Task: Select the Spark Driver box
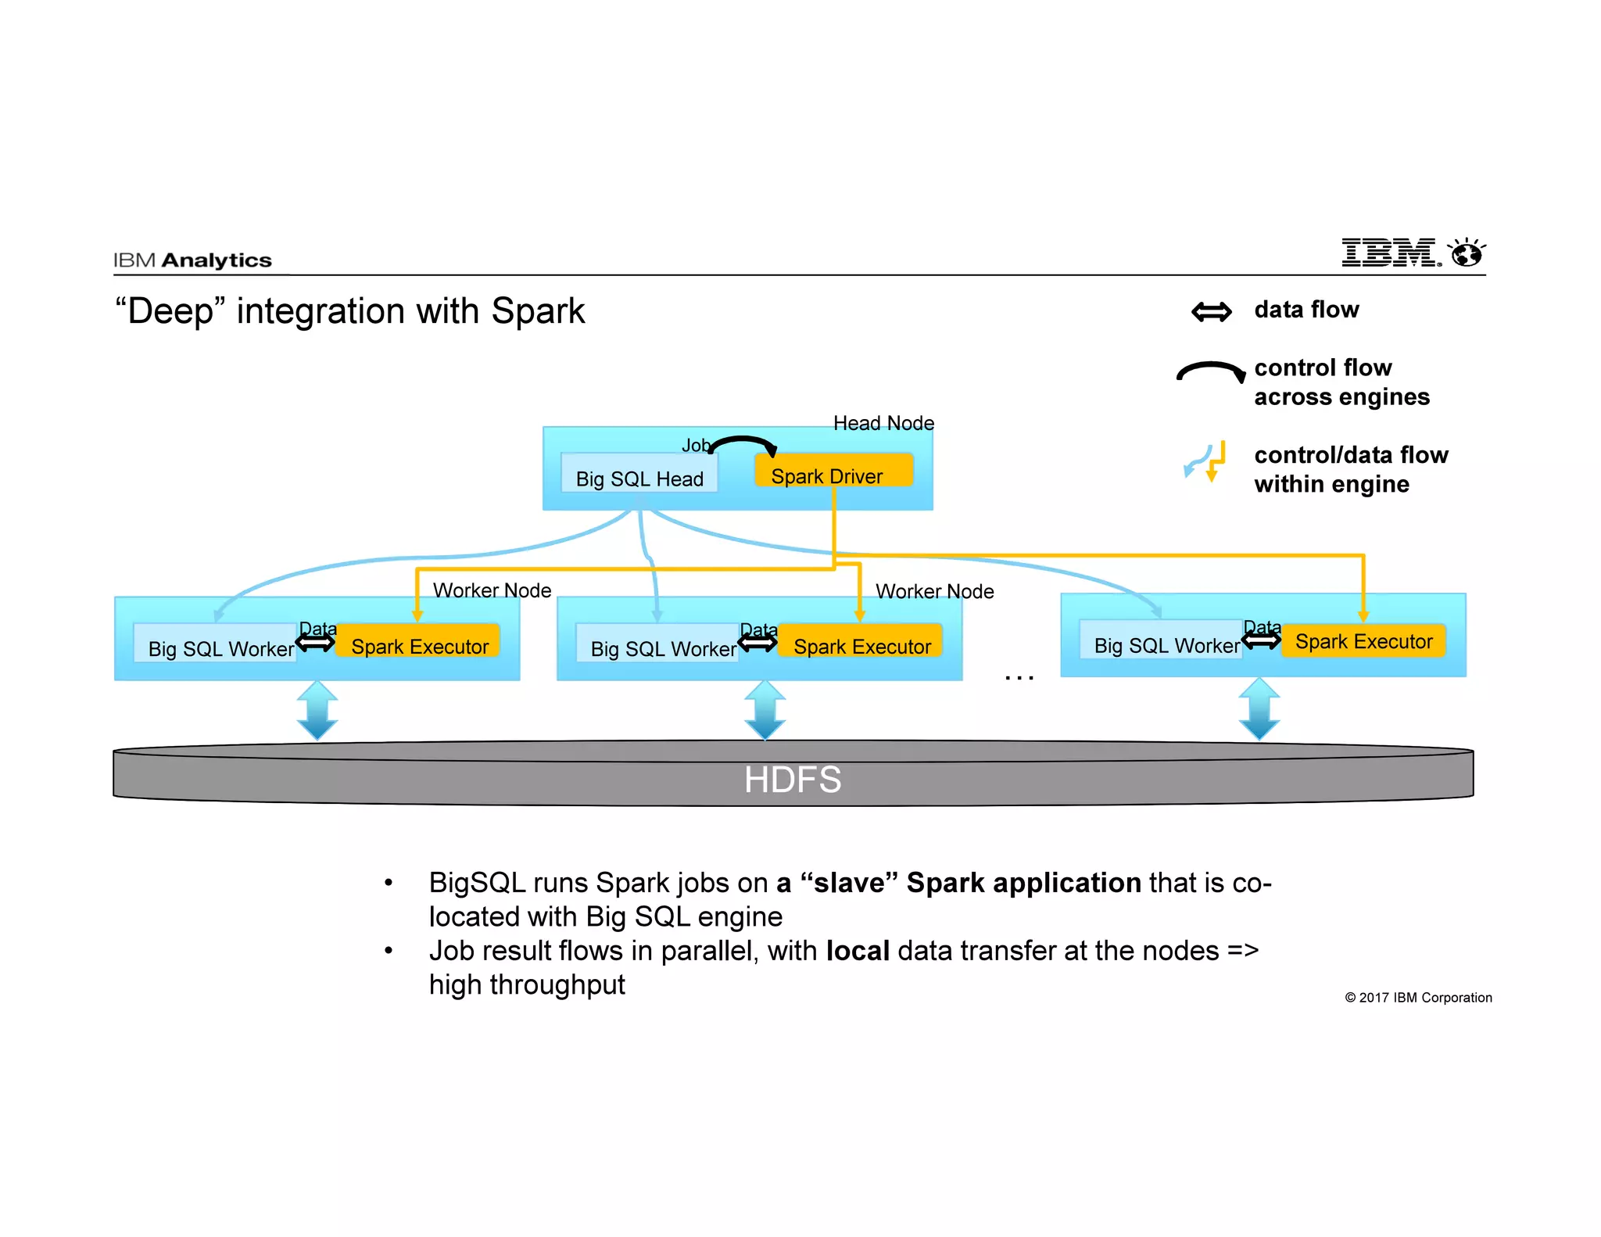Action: click(833, 471)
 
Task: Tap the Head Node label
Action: click(883, 423)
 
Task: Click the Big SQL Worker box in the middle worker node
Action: click(657, 644)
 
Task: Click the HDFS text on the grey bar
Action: click(792, 780)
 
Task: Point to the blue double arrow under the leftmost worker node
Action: click(317, 709)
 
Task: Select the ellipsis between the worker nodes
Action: click(1019, 677)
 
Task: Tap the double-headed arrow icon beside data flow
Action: click(1211, 312)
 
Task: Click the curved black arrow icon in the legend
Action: click(1210, 371)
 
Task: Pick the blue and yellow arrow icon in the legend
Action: click(1205, 461)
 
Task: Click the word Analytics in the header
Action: click(217, 260)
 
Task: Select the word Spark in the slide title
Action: click(537, 311)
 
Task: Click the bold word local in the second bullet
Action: click(858, 951)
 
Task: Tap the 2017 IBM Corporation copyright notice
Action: click(1417, 998)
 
